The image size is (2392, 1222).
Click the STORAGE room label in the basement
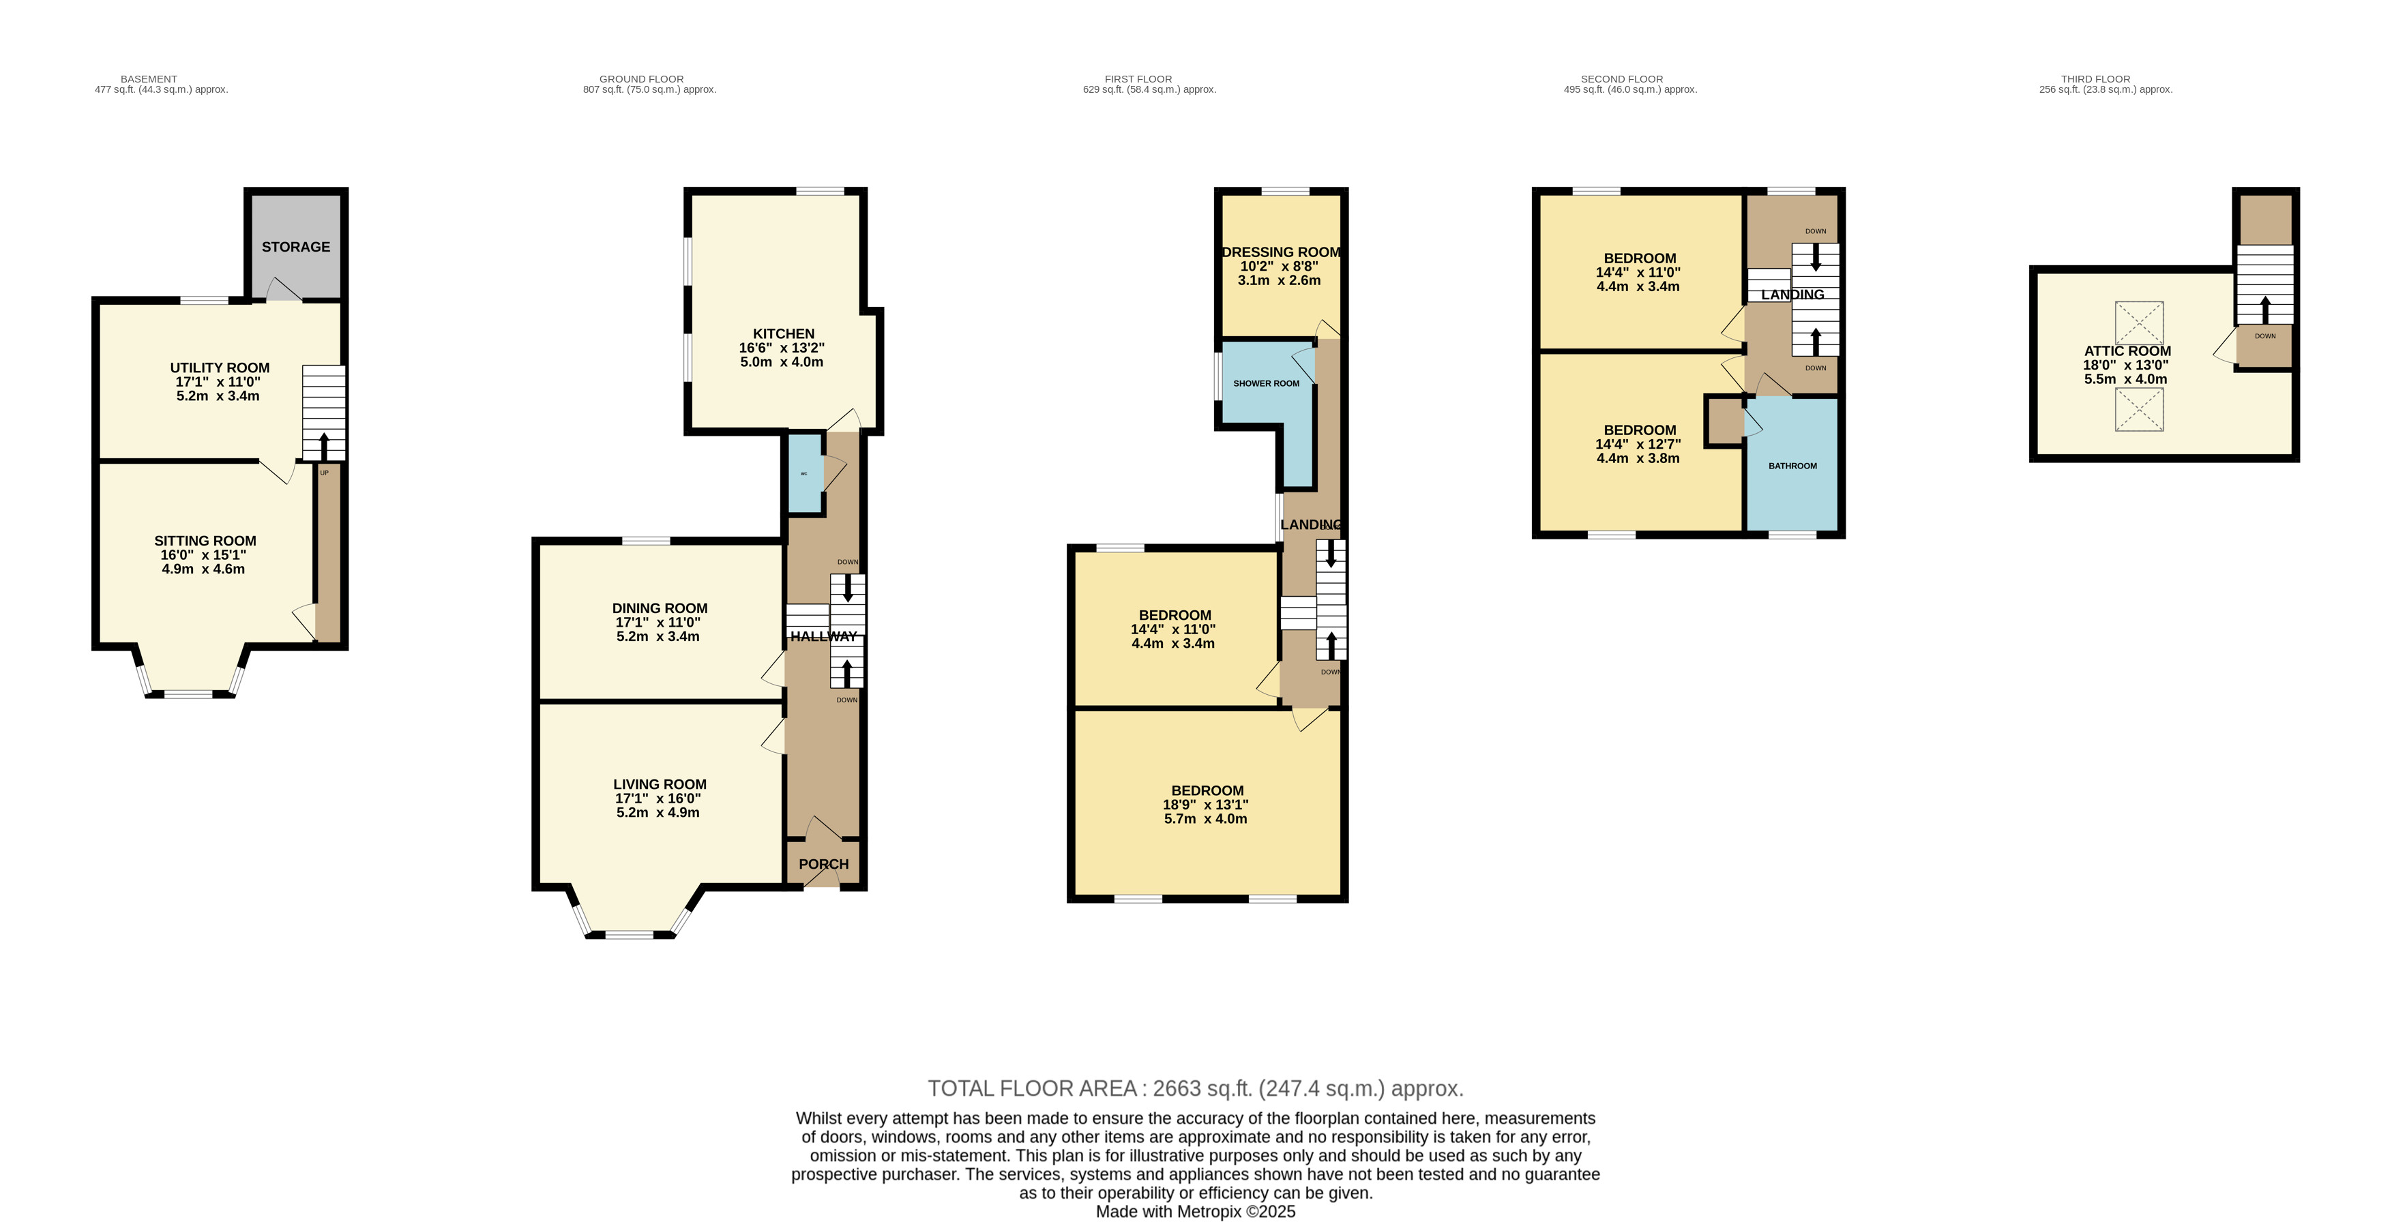(295, 247)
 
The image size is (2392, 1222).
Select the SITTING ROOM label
(205, 541)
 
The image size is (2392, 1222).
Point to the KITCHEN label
(784, 333)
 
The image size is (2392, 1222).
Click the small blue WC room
(804, 473)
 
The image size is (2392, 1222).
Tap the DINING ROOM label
(660, 608)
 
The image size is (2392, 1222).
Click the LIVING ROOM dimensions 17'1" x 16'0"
(658, 799)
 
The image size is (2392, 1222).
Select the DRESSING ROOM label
(1282, 252)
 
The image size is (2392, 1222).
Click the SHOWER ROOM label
(1267, 383)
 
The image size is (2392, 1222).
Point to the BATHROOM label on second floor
(1792, 466)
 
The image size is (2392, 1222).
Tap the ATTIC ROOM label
(2127, 351)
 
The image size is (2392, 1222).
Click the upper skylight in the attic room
(2140, 324)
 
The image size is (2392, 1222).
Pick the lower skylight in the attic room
(2140, 410)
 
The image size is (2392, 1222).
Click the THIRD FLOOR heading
(2096, 79)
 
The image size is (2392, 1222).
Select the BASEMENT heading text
(149, 79)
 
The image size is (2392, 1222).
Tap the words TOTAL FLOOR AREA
(1033, 1088)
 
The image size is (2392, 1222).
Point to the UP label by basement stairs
(324, 473)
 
